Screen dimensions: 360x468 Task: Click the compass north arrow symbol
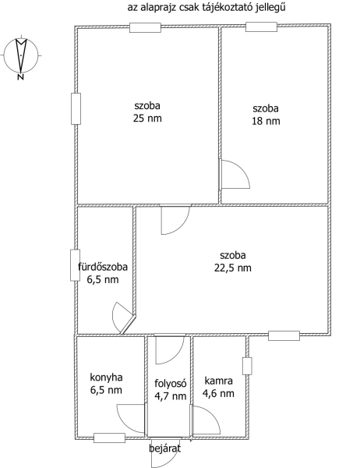[x=21, y=55]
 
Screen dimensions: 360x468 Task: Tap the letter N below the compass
[x=20, y=77]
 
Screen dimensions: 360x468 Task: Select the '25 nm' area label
[x=147, y=119]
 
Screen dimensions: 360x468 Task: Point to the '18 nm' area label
[x=266, y=121]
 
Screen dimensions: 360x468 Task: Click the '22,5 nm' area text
[x=233, y=268]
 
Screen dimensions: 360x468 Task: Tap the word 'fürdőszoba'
[x=103, y=267]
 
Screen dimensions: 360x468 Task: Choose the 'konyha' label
[x=106, y=378]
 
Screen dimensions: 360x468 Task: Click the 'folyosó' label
[x=171, y=383]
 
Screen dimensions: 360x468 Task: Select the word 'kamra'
[x=219, y=381]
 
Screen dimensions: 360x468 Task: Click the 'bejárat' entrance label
[x=164, y=448]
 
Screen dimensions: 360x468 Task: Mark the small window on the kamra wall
[x=247, y=366]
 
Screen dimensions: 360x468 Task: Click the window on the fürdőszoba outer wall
[x=75, y=265]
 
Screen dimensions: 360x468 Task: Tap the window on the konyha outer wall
[x=109, y=438]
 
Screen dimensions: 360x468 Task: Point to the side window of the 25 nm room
[x=76, y=108]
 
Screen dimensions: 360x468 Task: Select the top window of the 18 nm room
[x=261, y=27]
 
